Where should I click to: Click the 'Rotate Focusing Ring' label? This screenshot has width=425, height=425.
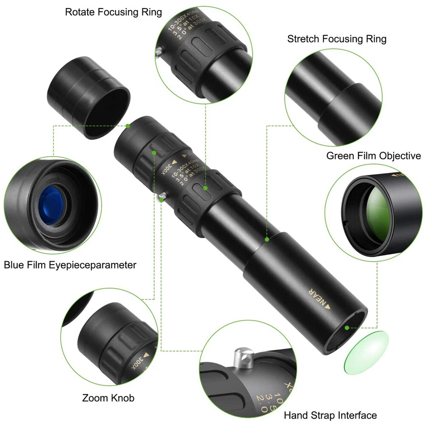pyautogui.click(x=113, y=12)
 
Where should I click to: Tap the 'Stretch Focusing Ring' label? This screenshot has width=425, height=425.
pyautogui.click(x=336, y=39)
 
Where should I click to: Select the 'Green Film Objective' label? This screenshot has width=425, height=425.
pyautogui.click(x=373, y=156)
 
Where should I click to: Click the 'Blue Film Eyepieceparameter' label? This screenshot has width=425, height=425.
pyautogui.click(x=70, y=265)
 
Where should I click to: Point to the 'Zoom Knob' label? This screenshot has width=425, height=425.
pyautogui.click(x=108, y=398)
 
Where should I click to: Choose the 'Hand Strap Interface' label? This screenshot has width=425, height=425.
pyautogui.click(x=330, y=415)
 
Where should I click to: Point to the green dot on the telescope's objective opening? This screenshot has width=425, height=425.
pyautogui.click(x=347, y=328)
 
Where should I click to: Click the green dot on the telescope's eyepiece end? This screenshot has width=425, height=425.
pyautogui.click(x=128, y=126)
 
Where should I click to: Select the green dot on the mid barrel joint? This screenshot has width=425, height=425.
pyautogui.click(x=267, y=239)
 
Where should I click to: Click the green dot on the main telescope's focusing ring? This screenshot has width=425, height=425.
pyautogui.click(x=205, y=188)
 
